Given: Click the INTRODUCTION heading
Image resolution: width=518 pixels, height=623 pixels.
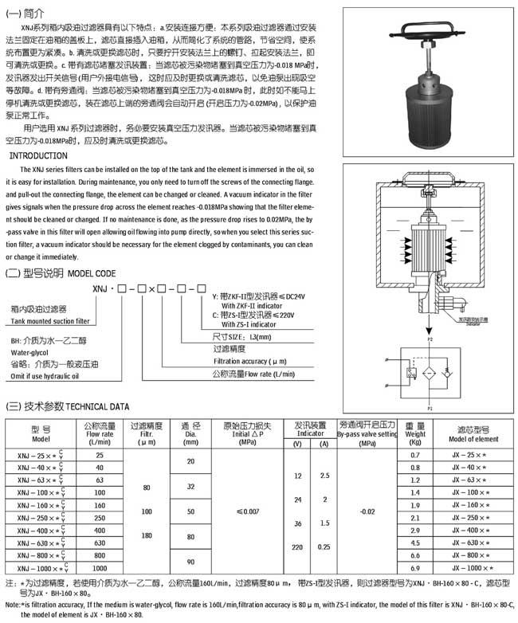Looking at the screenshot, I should point(39,156).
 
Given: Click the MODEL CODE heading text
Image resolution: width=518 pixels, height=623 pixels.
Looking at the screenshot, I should point(97,273).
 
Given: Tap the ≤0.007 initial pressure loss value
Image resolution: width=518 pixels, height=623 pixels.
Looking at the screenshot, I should point(247,510).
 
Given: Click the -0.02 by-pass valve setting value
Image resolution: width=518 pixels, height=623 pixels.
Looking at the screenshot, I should point(367,510).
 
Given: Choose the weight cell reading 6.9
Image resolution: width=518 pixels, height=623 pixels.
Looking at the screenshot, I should point(414,568).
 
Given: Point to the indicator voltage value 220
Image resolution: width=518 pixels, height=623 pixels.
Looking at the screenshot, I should point(298,547).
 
